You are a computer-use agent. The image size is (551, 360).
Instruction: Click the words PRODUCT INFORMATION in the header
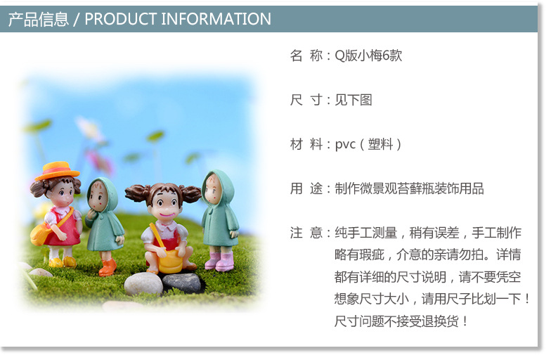point(178,19)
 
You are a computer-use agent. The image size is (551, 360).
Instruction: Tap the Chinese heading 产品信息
point(39,19)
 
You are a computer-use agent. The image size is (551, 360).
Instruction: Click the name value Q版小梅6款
point(368,56)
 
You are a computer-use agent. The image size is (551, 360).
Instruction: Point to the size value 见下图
point(354,100)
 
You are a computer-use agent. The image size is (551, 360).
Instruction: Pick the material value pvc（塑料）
point(368,144)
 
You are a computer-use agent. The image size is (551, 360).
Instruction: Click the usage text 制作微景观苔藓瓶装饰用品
point(409,188)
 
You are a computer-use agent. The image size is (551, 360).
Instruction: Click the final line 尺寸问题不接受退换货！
point(401,321)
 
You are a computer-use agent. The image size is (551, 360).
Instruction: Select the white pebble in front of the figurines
point(143,283)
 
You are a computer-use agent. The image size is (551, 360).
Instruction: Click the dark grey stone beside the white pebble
point(183,283)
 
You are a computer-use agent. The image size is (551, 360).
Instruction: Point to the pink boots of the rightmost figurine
point(219,262)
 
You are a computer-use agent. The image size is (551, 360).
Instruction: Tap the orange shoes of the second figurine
point(107,267)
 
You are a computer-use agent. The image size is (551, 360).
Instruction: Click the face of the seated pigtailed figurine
point(164,205)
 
